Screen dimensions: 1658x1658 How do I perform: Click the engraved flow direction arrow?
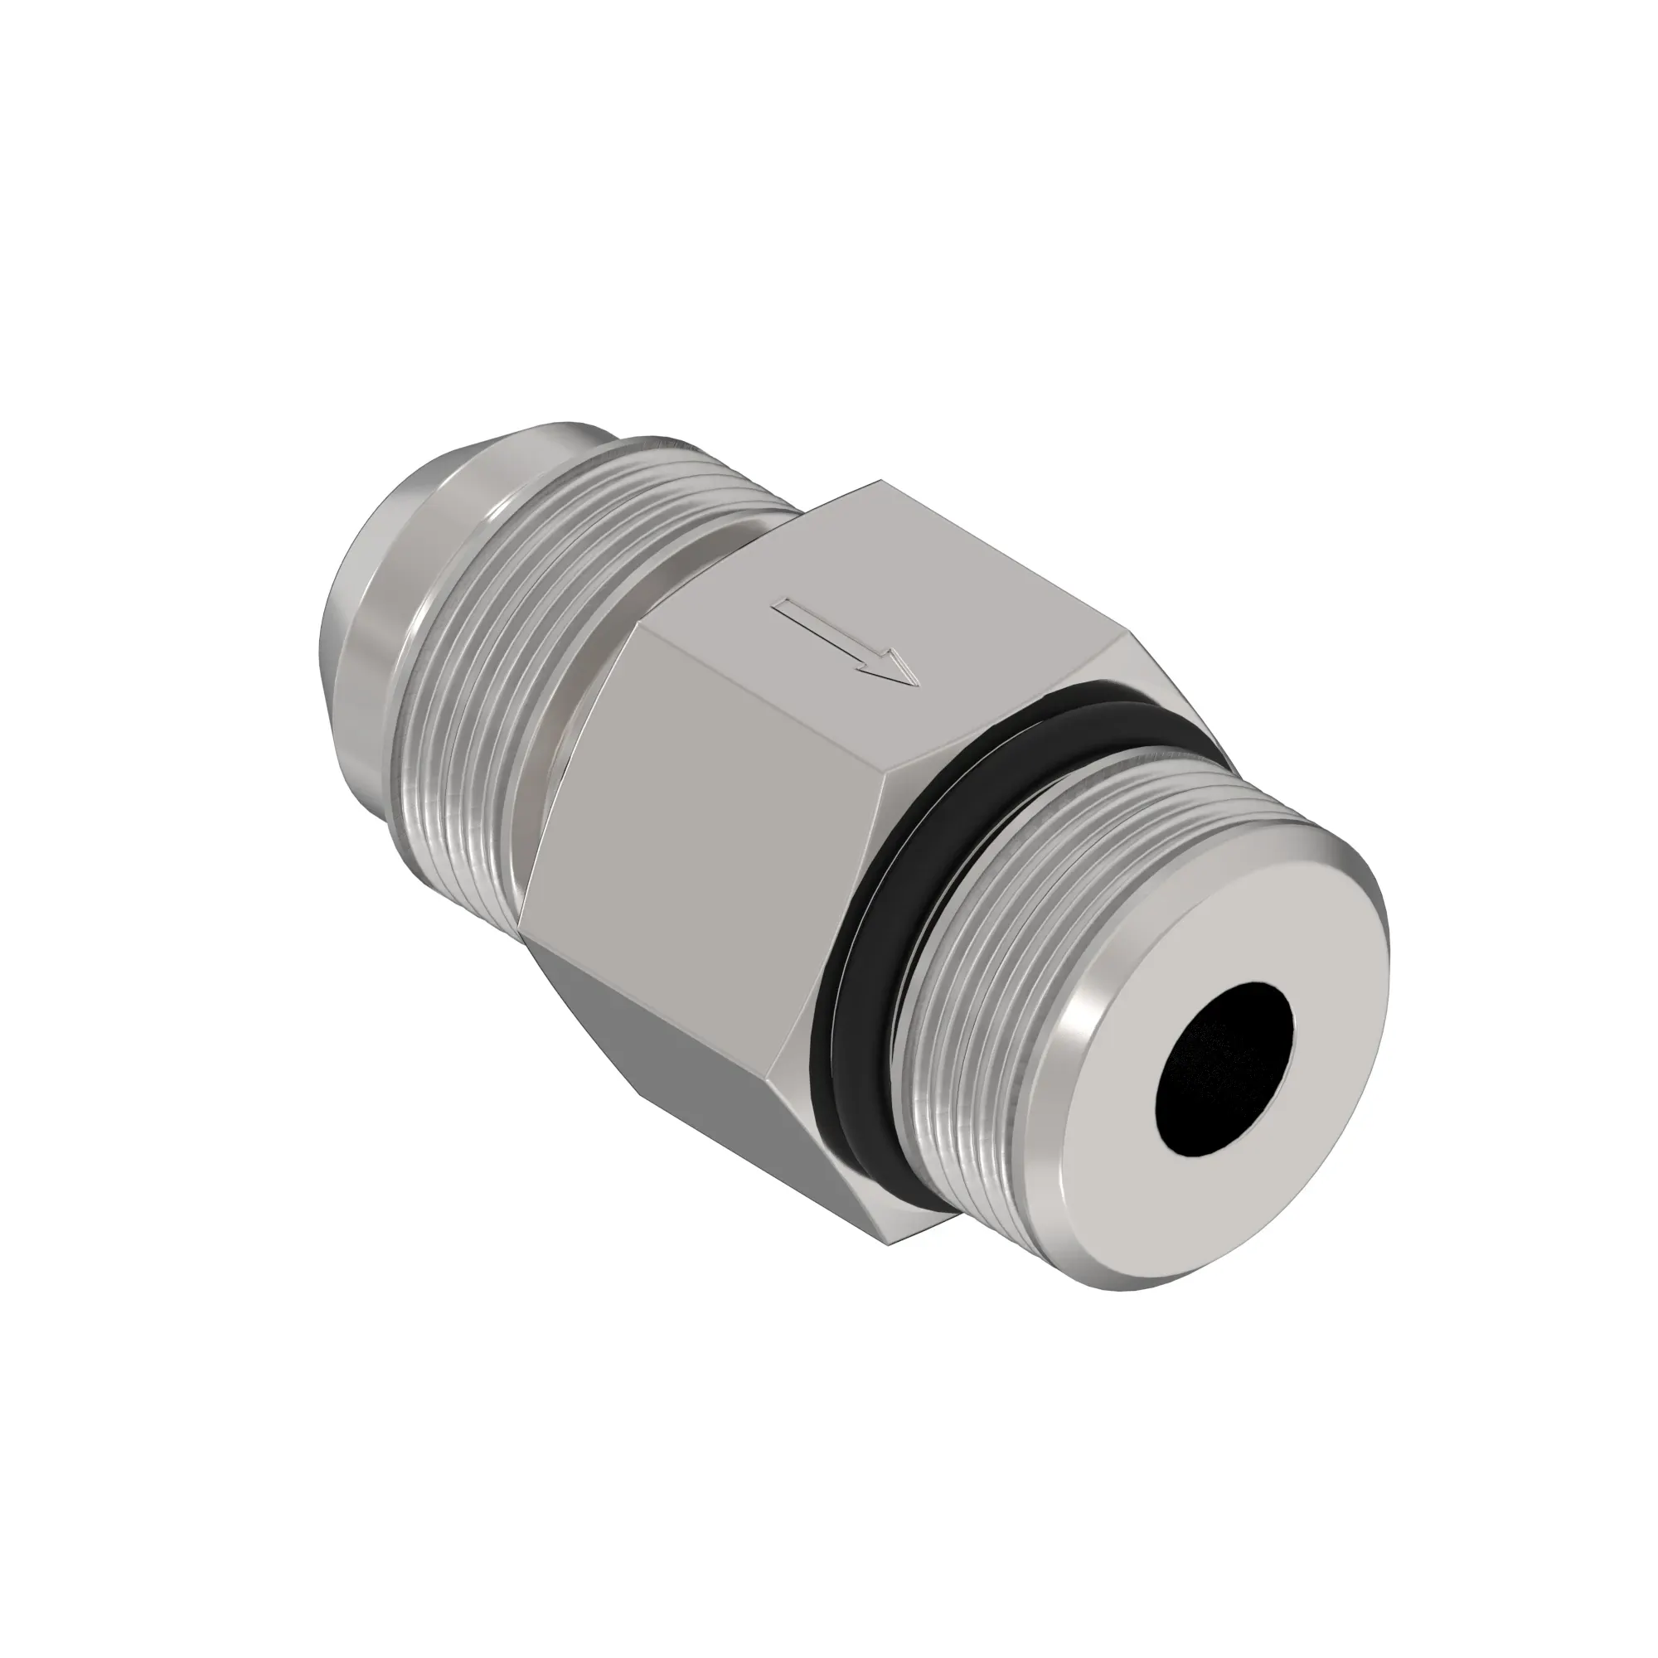pos(846,642)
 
